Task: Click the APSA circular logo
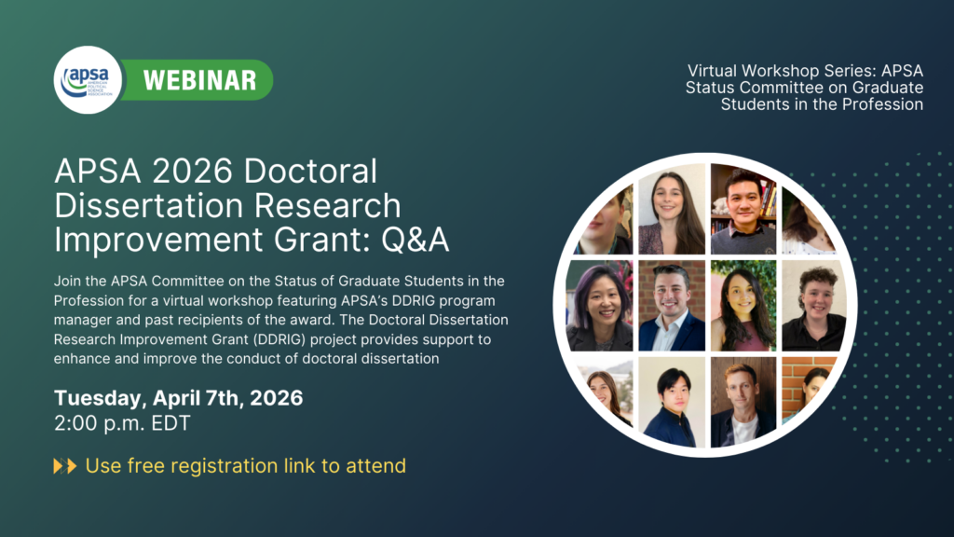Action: pos(88,80)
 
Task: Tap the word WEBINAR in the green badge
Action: pos(199,80)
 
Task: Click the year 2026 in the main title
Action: pos(193,172)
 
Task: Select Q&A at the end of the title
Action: pos(415,240)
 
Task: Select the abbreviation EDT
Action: pos(170,423)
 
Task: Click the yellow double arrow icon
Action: pos(65,466)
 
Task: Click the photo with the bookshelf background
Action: pos(743,209)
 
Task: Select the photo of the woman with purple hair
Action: pos(600,306)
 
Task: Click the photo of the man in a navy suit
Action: pos(672,306)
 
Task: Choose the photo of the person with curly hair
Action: pos(814,306)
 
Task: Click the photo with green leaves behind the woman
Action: pos(743,306)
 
